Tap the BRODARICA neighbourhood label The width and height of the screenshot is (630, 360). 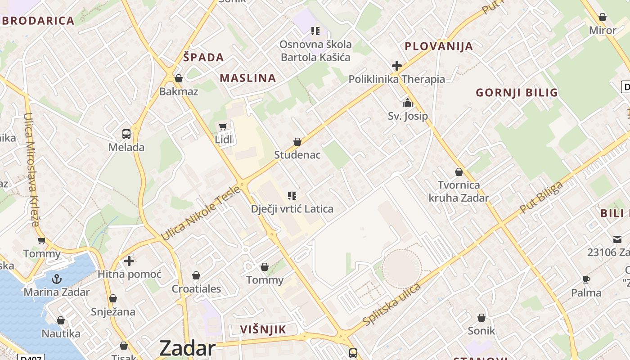(38, 21)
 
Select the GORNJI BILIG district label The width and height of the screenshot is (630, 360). (517, 93)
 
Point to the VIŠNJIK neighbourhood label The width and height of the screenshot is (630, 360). (263, 329)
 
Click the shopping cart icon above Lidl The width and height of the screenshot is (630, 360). (223, 126)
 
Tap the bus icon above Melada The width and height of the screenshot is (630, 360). (126, 134)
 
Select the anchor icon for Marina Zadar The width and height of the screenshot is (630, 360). (56, 279)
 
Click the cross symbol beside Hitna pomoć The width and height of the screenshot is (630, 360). (129, 261)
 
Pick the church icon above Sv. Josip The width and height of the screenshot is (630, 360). (408, 103)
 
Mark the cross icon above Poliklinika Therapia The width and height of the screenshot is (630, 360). (396, 66)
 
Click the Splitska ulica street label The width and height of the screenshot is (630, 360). (391, 305)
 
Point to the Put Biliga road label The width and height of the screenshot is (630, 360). (541, 198)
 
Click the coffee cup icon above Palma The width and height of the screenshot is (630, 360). (586, 279)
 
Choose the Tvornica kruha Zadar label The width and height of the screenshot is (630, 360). (459, 191)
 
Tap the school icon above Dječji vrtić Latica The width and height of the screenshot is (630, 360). (292, 196)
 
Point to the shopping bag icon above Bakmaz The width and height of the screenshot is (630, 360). (179, 78)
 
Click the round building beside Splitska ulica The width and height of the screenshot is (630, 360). (401, 269)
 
